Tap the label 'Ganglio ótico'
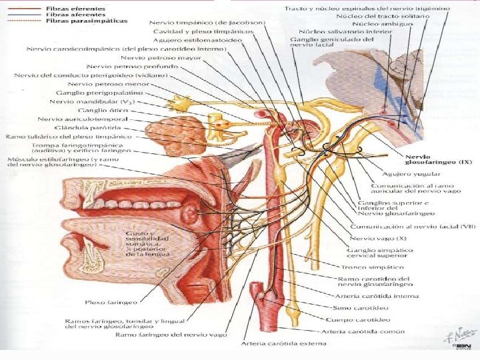pos(99,110)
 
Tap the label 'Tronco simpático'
pos(361,267)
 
